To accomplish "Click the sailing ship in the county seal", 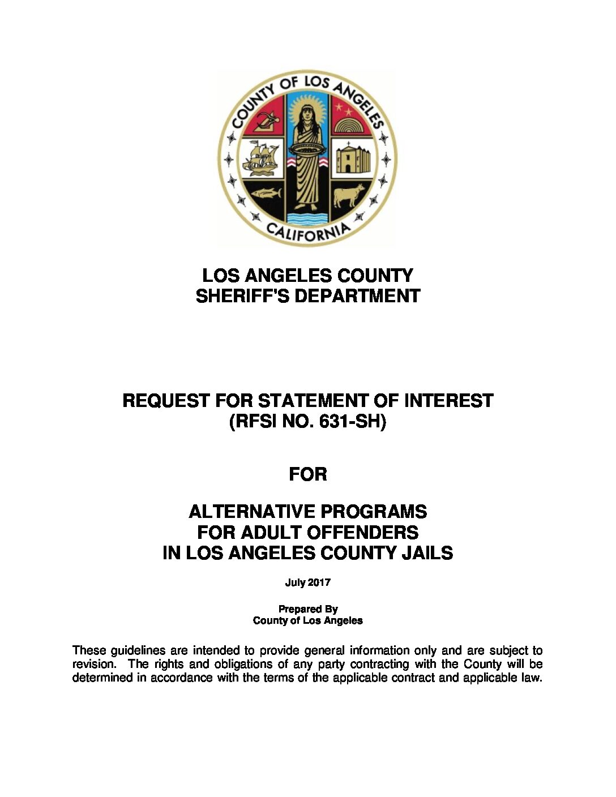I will click(x=261, y=158).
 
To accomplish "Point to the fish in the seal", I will click(x=266, y=194).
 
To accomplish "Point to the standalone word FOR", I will click(x=308, y=474).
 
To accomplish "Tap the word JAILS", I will click(x=428, y=552).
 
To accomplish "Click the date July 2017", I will click(x=307, y=582).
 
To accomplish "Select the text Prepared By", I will click(x=307, y=609).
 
